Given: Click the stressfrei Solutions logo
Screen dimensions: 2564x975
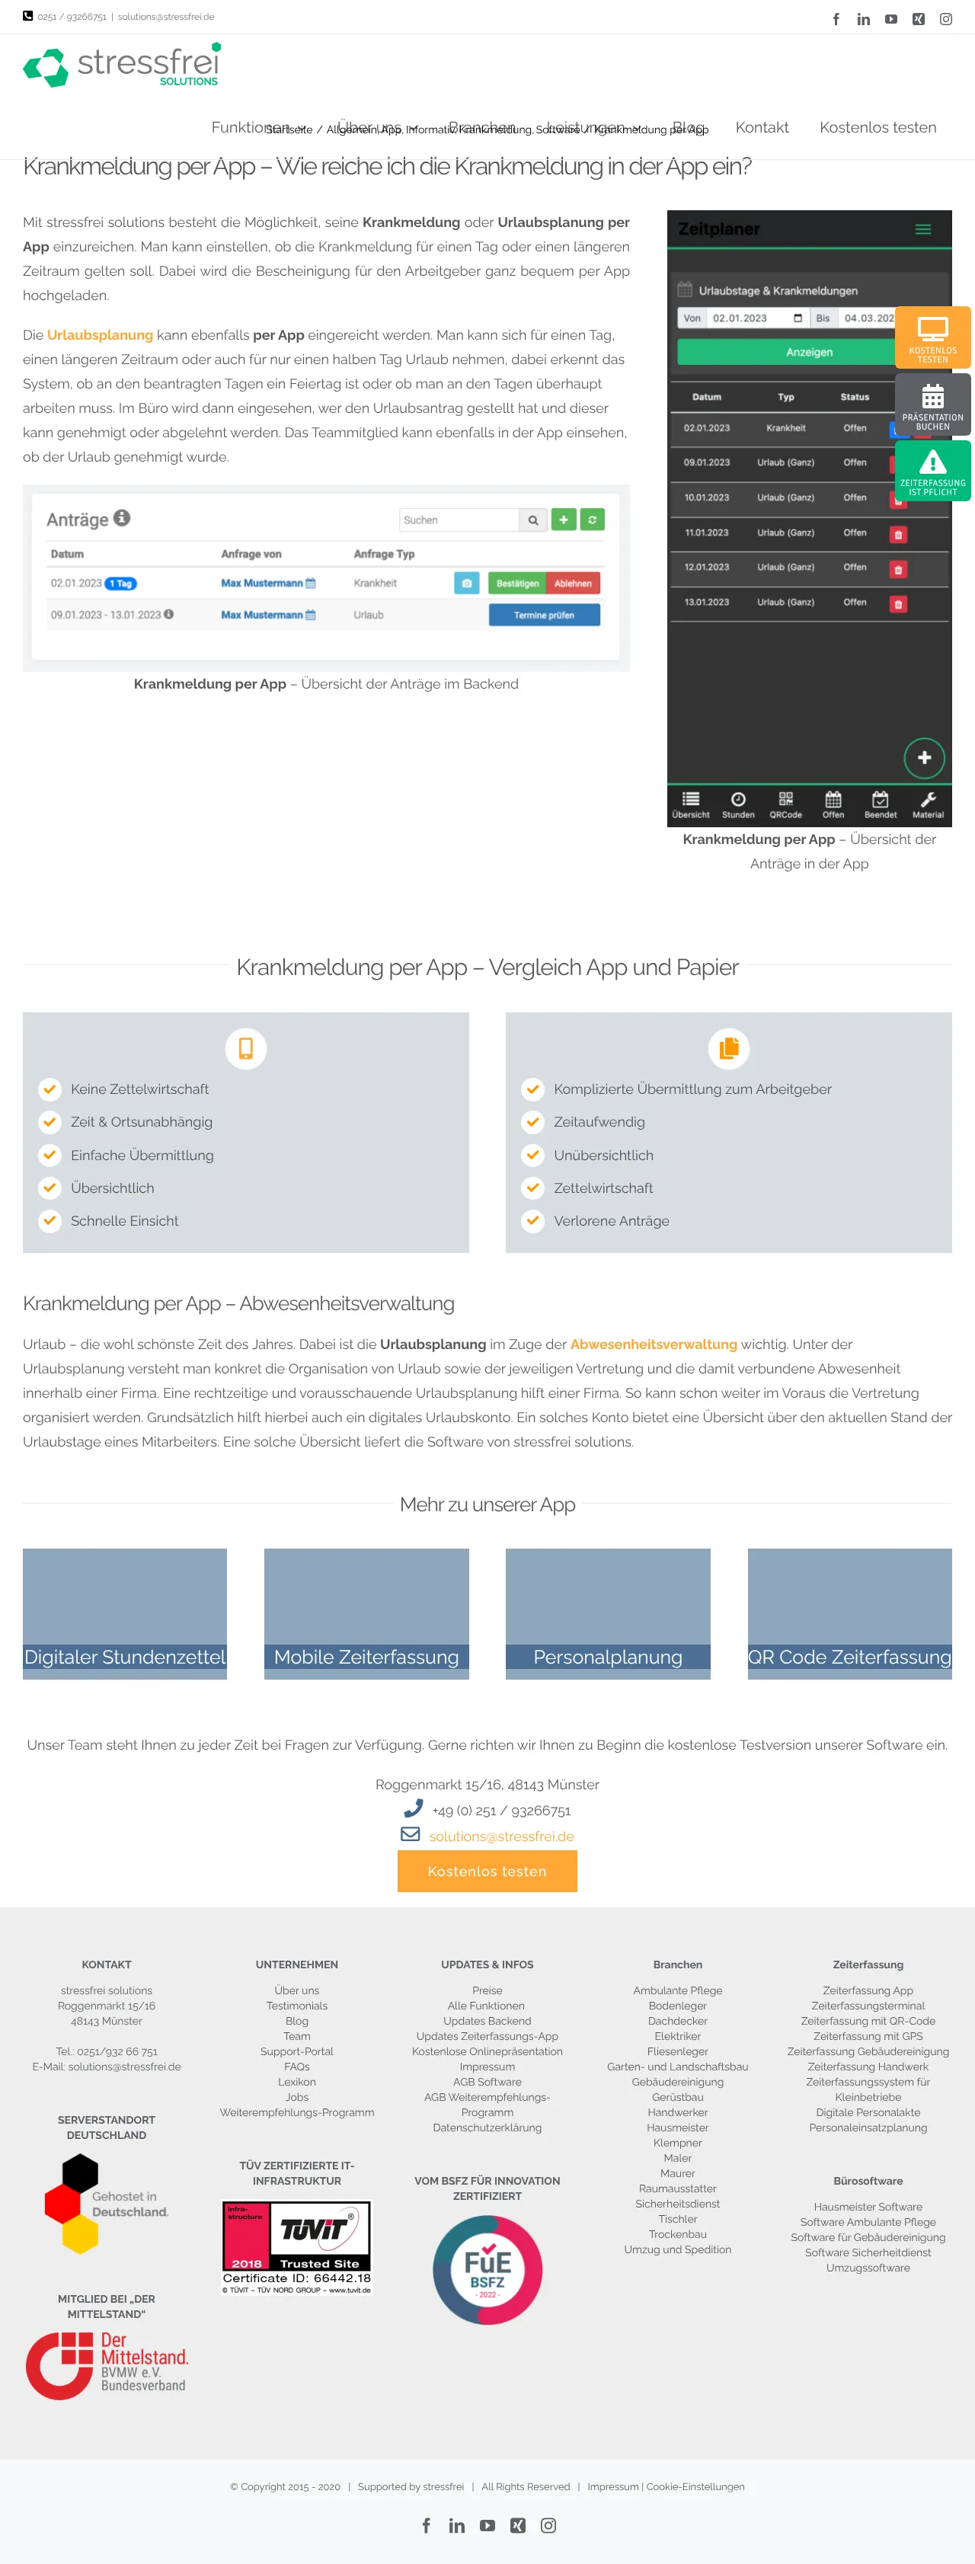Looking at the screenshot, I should tap(121, 66).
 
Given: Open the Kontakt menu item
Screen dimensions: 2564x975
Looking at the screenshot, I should tap(761, 127).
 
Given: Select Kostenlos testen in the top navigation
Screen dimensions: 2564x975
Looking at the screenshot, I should tap(877, 127).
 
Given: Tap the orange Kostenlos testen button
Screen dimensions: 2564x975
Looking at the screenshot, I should tap(487, 1872).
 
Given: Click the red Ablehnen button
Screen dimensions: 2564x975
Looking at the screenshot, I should tap(572, 583).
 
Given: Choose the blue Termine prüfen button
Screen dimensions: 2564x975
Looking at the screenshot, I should tap(543, 615).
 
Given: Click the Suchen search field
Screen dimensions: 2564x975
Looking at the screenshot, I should tap(459, 520).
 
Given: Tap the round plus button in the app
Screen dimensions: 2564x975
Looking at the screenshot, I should tap(923, 757).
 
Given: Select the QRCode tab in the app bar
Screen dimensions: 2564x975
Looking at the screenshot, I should tap(785, 804).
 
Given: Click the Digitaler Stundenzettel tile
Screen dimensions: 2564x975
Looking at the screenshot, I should tap(124, 1613).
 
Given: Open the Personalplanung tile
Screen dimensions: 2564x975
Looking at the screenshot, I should tap(607, 1613).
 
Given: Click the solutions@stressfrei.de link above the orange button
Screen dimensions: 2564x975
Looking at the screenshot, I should tap(501, 1837).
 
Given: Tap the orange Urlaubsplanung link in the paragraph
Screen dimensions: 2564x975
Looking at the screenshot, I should tap(100, 335).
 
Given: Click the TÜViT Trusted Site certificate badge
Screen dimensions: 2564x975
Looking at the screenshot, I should tap(296, 2247).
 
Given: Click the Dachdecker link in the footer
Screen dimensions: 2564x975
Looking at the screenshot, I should tap(677, 2021).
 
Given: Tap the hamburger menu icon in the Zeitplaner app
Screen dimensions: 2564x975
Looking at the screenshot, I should tap(922, 229).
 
